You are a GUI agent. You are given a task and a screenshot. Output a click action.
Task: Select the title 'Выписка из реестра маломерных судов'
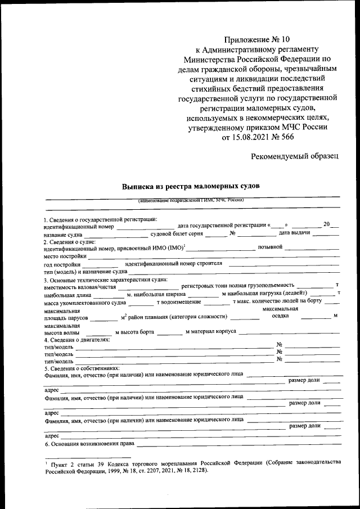click(192, 186)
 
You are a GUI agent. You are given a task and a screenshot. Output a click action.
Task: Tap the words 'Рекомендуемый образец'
click(295, 156)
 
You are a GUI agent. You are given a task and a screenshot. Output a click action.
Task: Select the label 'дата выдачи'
click(295, 233)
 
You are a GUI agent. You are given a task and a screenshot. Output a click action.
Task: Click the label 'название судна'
click(62, 233)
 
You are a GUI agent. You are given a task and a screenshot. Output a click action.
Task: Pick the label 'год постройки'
click(62, 264)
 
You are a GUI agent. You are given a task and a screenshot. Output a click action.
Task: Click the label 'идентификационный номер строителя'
click(174, 263)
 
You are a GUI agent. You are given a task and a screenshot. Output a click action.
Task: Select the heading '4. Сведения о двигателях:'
click(77, 339)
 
